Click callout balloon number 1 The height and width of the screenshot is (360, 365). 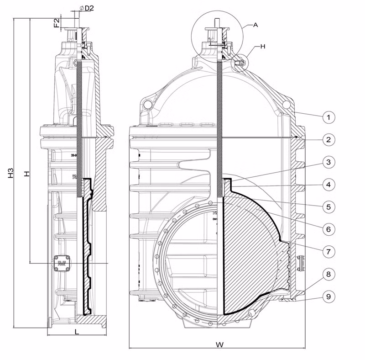coord(328,117)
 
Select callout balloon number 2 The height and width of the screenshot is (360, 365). coord(328,139)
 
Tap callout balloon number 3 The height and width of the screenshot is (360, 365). coord(328,162)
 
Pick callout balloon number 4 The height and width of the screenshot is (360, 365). coord(328,185)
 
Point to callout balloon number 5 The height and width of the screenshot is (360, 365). coord(328,206)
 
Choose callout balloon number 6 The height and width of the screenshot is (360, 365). coord(328,228)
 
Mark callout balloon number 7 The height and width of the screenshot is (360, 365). coord(328,251)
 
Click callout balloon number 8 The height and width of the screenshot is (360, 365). coord(328,274)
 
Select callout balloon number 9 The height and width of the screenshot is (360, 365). coord(328,296)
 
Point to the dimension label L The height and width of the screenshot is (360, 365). coord(77,332)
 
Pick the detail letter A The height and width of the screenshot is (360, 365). coord(255,26)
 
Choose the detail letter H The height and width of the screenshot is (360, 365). coord(262,46)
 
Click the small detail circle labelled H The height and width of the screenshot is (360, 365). coord(240,63)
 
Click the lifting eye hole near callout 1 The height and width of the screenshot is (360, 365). coord(286,105)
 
